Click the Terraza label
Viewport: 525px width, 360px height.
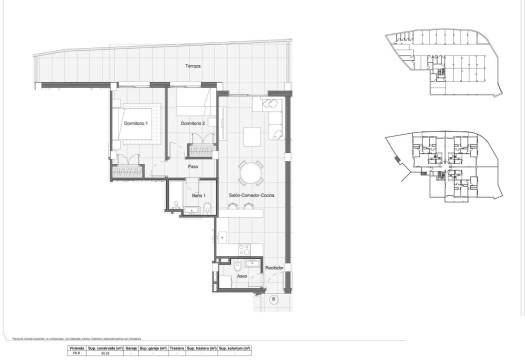pyautogui.click(x=192, y=66)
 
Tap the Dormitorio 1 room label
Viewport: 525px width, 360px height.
pyautogui.click(x=135, y=123)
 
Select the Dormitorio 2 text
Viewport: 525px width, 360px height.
pyautogui.click(x=193, y=123)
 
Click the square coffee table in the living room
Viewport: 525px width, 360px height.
pyautogui.click(x=251, y=137)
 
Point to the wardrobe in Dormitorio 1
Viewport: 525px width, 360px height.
pyautogui.click(x=129, y=171)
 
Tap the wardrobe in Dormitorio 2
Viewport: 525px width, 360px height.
pyautogui.click(x=197, y=150)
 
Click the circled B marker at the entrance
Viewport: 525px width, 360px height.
pyautogui.click(x=273, y=297)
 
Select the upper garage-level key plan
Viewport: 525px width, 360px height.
pyautogui.click(x=439, y=64)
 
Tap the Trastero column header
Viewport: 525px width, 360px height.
pyautogui.click(x=176, y=348)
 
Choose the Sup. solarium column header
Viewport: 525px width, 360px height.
pyautogui.click(x=234, y=348)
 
